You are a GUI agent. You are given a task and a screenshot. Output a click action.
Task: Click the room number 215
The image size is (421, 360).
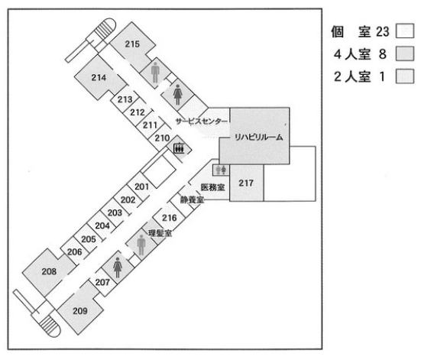132,44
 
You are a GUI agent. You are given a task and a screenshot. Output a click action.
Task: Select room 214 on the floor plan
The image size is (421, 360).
99,78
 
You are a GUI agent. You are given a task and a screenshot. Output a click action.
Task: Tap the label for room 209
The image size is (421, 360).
80,311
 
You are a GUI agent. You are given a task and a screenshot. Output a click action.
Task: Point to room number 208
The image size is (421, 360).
49,271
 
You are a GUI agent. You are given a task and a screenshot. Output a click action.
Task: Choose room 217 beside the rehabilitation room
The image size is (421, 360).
246,183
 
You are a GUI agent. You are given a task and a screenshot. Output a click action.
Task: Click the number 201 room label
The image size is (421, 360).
142,186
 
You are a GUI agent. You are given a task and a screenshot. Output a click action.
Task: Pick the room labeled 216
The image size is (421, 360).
170,218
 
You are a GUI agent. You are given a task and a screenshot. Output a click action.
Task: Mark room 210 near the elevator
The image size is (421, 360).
162,138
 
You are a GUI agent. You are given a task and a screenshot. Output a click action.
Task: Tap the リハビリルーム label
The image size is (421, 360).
259,138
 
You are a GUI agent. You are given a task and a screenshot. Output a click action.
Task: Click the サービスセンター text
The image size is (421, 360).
202,122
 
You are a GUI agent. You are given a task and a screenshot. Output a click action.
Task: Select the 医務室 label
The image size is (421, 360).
213,187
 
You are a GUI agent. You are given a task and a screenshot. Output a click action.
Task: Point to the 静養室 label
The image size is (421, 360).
192,199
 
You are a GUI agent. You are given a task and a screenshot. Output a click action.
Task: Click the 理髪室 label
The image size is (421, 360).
160,233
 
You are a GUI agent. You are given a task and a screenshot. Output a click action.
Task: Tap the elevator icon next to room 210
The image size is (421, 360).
179,148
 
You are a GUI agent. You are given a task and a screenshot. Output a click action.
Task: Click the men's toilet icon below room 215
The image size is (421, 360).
155,73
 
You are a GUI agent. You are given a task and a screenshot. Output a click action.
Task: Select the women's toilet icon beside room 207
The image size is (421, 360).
118,268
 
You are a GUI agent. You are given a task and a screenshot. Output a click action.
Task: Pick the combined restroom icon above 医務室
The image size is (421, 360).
222,170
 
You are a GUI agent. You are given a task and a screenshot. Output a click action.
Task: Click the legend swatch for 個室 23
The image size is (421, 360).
405,31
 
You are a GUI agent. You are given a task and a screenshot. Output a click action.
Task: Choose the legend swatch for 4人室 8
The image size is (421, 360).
405,54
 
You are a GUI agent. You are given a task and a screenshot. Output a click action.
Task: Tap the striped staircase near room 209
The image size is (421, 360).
50,326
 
